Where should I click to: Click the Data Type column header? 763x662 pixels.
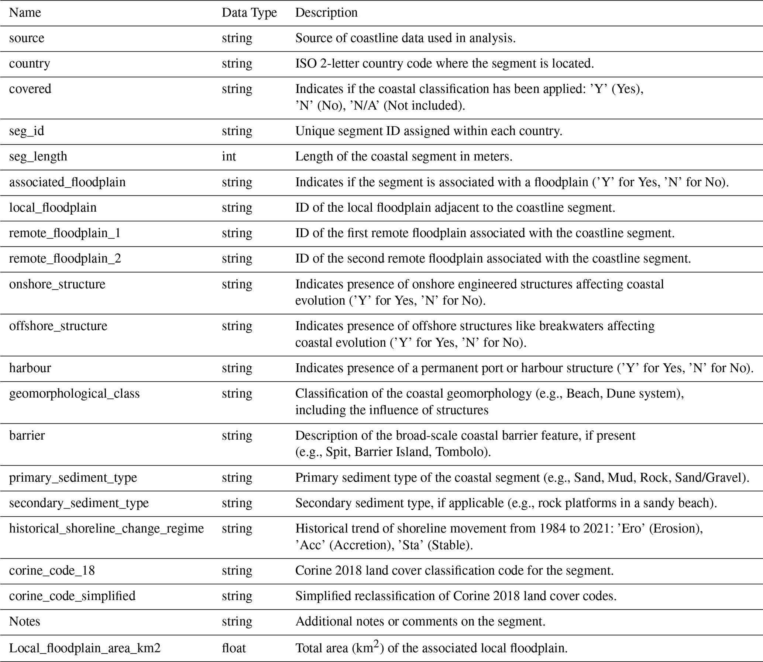(249, 13)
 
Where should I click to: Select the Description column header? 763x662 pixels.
(326, 13)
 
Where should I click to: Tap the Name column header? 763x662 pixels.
(25, 13)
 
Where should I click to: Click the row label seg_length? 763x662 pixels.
(38, 156)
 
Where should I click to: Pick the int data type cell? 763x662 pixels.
(229, 156)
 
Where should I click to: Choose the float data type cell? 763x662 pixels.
(234, 648)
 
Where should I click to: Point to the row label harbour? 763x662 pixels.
(30, 368)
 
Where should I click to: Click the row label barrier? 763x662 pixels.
(27, 435)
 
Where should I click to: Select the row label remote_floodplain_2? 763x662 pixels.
(65, 258)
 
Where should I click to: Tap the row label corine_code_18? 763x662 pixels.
(52, 571)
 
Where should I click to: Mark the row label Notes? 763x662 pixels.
(24, 621)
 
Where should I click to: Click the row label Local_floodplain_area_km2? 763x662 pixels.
(85, 648)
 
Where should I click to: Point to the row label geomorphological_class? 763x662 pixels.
(74, 394)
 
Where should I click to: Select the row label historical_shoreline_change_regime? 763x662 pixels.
(106, 528)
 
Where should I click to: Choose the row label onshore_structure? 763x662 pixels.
(57, 284)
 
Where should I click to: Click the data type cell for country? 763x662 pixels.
(237, 63)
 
